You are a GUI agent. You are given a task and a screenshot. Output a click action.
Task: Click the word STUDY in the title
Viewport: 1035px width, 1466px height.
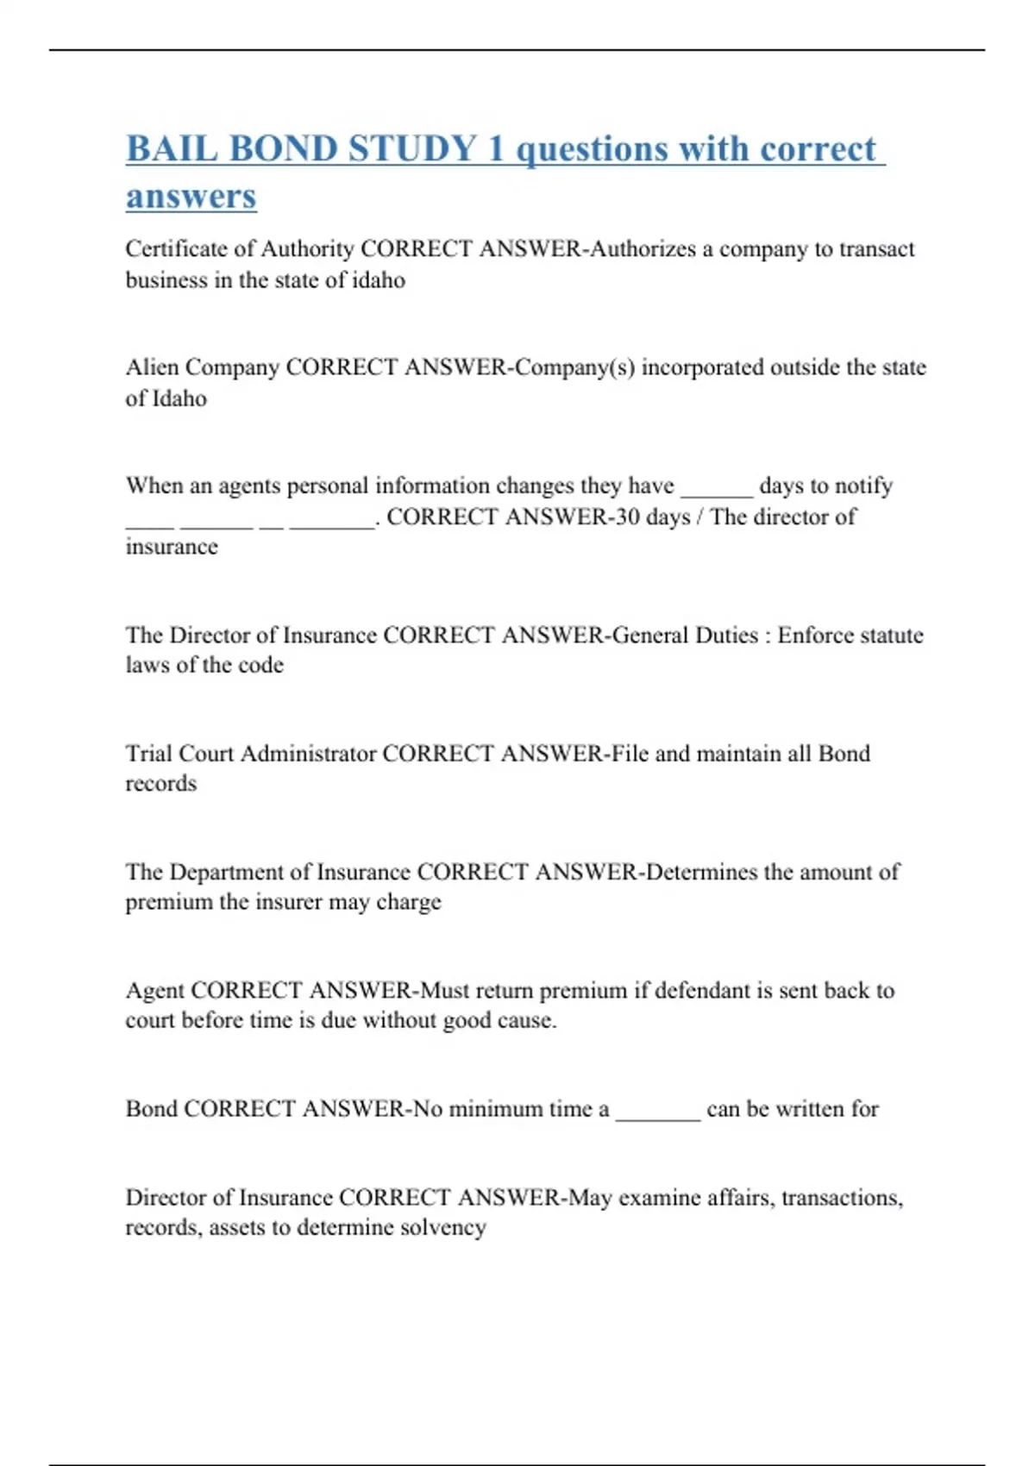click(x=412, y=148)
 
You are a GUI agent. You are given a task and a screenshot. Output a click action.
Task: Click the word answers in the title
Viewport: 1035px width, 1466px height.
click(x=191, y=196)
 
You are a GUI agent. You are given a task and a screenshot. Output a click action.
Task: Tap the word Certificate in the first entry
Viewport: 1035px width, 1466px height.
click(x=179, y=249)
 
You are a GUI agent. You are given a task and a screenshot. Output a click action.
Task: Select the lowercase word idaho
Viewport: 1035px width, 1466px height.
click(x=378, y=280)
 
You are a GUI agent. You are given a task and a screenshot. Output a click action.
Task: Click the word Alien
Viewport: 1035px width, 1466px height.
click(x=152, y=367)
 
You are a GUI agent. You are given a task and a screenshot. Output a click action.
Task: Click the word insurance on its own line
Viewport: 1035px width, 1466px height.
click(x=172, y=547)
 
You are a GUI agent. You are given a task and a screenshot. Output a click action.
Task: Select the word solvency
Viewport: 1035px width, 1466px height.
click(x=442, y=1227)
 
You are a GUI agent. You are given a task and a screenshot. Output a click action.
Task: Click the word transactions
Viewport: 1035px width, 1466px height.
click(x=841, y=1198)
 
